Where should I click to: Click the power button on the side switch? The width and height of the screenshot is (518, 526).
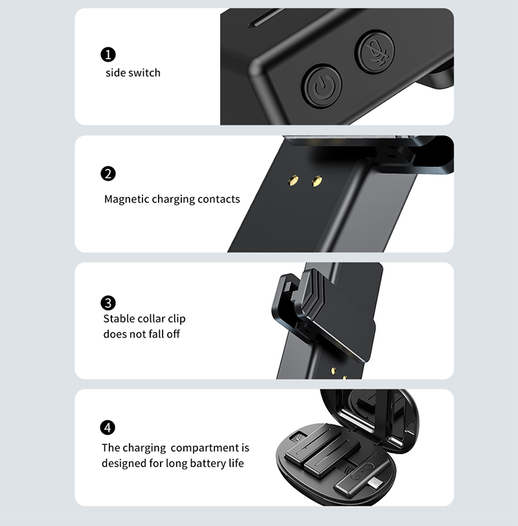[322, 85]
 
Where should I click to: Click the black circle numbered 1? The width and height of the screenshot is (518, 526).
[108, 54]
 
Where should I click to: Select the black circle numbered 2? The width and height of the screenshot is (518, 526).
[108, 173]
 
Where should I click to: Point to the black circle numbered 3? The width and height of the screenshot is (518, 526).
[108, 303]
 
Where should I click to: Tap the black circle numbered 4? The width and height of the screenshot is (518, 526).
[108, 428]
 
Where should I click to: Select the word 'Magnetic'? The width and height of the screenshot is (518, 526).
[126, 199]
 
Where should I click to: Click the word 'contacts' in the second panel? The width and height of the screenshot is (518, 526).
[218, 199]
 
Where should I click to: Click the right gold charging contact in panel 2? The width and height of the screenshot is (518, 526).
[317, 181]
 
